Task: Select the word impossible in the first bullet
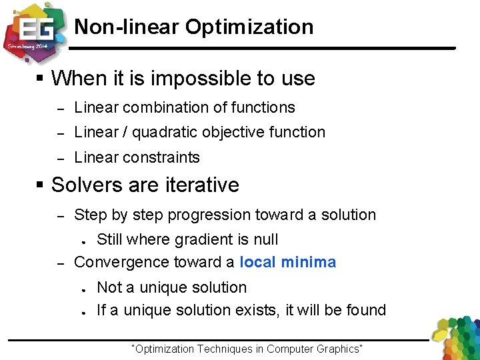pyautogui.click(x=202, y=79)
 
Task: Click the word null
pyautogui.click(x=265, y=240)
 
